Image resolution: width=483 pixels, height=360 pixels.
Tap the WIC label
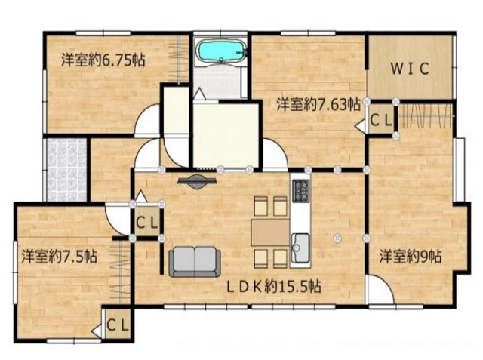pyautogui.click(x=410, y=69)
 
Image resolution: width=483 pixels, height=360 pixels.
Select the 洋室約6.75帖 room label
pyautogui.click(x=103, y=60)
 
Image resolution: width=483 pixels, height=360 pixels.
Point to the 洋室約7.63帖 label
pyautogui.click(x=318, y=104)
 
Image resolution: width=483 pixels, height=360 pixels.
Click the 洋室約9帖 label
pyautogui.click(x=411, y=256)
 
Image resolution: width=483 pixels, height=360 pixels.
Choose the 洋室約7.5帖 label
pyautogui.click(x=59, y=256)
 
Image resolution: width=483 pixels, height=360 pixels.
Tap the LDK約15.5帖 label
pyautogui.click(x=274, y=287)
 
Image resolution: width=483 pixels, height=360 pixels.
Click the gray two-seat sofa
pyautogui.click(x=195, y=261)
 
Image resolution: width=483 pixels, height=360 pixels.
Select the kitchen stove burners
pyautogui.click(x=300, y=191)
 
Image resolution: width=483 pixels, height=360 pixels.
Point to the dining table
pyautogui.click(x=270, y=232)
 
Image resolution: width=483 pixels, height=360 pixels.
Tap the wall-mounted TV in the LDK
pyautogui.click(x=196, y=181)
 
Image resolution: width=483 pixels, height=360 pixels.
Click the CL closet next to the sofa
pyautogui.click(x=147, y=221)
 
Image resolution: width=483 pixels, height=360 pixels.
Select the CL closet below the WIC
pyautogui.click(x=381, y=120)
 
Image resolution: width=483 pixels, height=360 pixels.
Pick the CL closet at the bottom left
pyautogui.click(x=118, y=324)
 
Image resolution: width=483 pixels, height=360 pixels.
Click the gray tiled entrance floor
pyautogui.click(x=66, y=170)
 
